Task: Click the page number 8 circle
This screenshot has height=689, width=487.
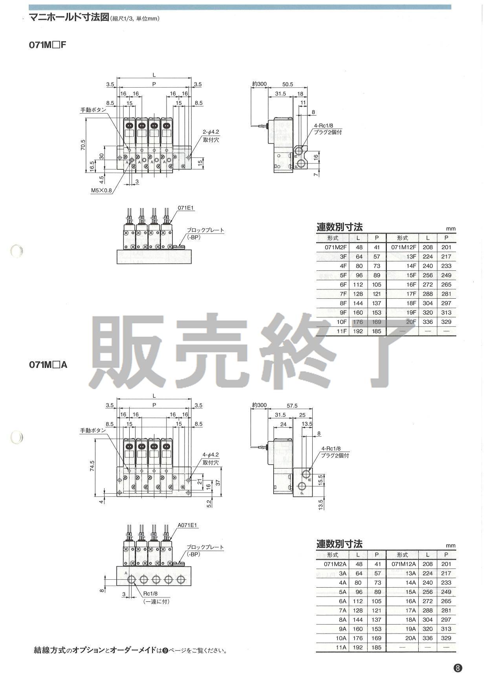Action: tap(458, 668)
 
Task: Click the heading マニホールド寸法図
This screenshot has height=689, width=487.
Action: tap(69, 18)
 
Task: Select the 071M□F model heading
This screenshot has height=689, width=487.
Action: tap(48, 44)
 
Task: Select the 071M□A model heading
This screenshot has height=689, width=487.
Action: tap(48, 365)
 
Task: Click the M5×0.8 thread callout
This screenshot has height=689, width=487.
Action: tap(101, 191)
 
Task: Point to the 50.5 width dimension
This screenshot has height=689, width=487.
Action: tap(287, 84)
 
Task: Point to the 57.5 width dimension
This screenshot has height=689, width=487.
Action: tap(291, 406)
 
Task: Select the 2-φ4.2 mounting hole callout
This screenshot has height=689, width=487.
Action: tap(211, 132)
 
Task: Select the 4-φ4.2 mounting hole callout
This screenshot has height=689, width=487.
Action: tap(211, 455)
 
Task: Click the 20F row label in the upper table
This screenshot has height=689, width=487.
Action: tap(411, 322)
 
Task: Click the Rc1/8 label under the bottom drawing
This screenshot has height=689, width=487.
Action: tap(150, 593)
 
